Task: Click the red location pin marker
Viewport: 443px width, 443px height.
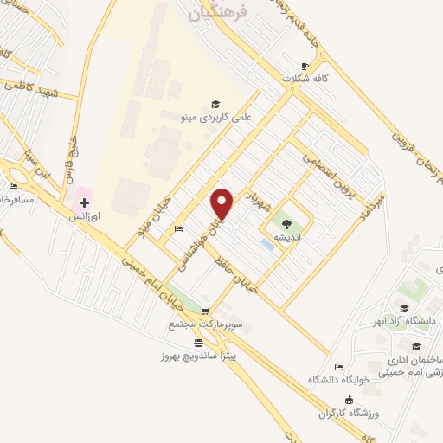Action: point(223,203)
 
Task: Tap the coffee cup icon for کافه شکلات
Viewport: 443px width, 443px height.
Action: point(304,66)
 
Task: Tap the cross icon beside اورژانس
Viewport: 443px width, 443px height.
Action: point(83,203)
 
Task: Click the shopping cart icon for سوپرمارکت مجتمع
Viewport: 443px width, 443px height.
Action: point(204,312)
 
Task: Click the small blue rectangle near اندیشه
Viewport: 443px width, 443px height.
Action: point(268,246)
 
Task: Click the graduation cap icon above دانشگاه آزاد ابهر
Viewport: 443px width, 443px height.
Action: point(404,308)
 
